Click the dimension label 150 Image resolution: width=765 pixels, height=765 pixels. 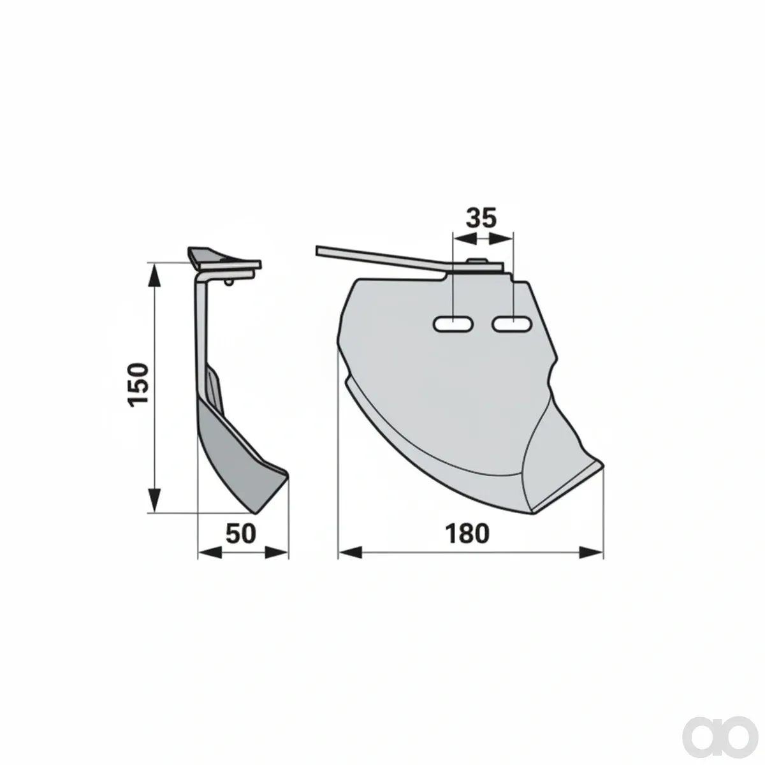(x=138, y=384)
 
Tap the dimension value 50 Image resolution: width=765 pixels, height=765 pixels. (x=240, y=534)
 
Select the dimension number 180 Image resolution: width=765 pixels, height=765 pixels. (x=467, y=534)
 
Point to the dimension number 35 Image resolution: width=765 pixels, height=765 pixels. (x=481, y=217)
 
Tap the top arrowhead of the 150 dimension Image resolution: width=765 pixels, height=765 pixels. (x=154, y=276)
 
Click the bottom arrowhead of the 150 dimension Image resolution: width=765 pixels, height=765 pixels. (x=154, y=500)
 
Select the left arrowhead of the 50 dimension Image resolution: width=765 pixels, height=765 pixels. (x=210, y=552)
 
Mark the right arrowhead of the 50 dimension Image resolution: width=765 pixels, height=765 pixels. (x=276, y=552)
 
